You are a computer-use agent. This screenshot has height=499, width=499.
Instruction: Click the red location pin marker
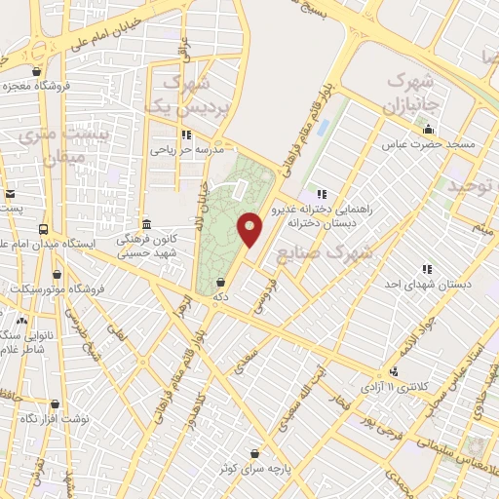coord(250,230)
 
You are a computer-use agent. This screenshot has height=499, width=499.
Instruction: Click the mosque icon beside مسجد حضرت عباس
coord(426,129)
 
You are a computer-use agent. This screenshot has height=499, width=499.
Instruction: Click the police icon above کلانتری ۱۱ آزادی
coord(393,370)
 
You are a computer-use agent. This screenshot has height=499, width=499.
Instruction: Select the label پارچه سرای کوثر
coord(256,469)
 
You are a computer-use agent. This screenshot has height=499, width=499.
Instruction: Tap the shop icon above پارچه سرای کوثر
coord(255,453)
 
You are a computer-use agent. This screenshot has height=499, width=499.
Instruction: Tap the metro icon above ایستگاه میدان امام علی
coord(43,228)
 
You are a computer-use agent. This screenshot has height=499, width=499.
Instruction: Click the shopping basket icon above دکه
coord(224,283)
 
